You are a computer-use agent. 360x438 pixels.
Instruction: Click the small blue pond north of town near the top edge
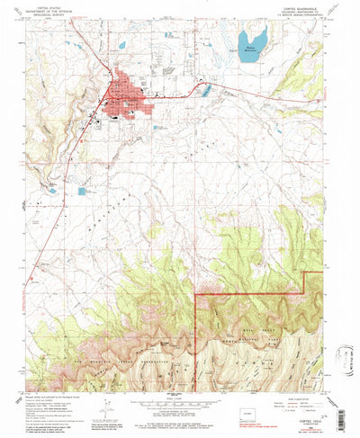pos(121,44)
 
